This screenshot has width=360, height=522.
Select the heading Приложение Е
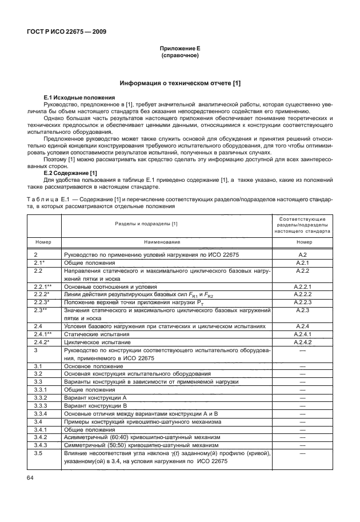click(179, 50)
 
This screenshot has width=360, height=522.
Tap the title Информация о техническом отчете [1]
click(179, 83)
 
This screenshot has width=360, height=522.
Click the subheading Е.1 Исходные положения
click(79, 98)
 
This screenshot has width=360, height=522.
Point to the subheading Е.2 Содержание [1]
click(71, 173)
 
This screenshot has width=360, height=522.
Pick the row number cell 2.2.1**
click(43, 286)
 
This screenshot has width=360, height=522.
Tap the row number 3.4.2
click(40, 437)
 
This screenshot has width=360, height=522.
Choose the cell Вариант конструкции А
click(95, 397)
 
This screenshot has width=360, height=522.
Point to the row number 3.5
click(38, 453)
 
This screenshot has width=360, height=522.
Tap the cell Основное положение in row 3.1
click(93, 365)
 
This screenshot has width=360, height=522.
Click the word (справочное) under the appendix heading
click(179, 57)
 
